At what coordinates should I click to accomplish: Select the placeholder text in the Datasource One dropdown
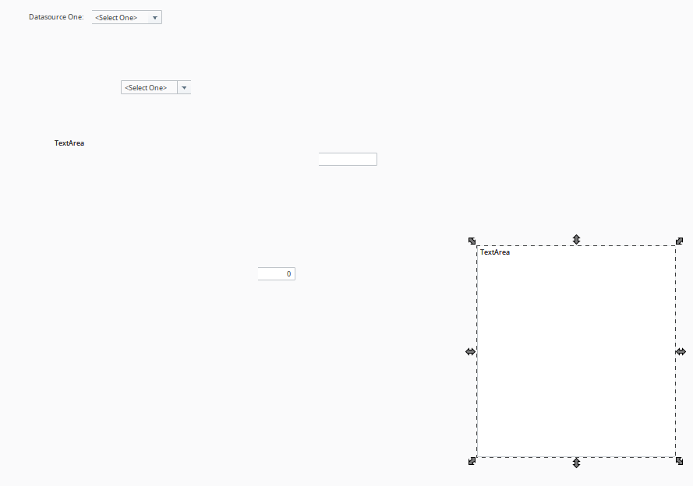tap(116, 18)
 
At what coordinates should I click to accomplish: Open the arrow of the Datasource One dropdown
tap(154, 18)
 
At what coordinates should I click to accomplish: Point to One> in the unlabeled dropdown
tap(158, 88)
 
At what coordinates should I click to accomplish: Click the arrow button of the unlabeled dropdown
tap(184, 87)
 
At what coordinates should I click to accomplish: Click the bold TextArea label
tap(69, 143)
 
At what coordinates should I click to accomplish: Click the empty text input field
tap(348, 160)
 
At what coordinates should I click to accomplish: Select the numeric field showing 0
tap(277, 273)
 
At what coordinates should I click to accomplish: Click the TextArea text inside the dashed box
tap(495, 252)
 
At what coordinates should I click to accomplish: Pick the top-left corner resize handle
tap(472, 241)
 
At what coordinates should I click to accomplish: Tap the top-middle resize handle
tap(576, 239)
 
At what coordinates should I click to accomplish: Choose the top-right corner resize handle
tap(680, 241)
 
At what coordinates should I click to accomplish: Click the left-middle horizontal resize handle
tap(471, 352)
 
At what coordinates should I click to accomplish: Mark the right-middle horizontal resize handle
tap(681, 352)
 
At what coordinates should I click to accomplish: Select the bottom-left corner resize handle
tap(472, 461)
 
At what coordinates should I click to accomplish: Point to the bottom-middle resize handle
tap(576, 463)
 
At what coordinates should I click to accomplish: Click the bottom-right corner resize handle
tap(680, 461)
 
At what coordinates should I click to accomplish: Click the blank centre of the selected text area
tap(576, 352)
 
